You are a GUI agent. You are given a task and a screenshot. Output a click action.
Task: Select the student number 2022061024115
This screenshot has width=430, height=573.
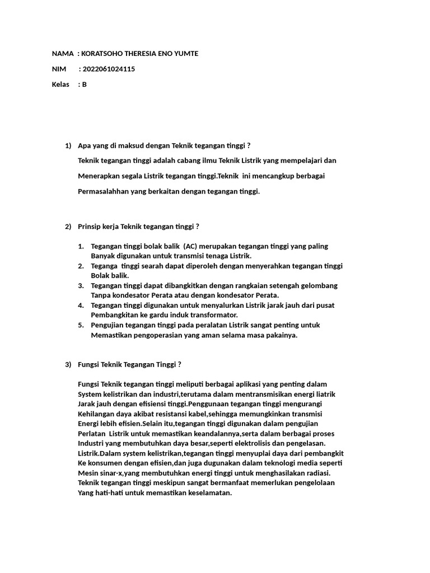(108, 69)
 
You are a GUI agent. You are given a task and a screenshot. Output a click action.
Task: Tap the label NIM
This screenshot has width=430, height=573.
(59, 69)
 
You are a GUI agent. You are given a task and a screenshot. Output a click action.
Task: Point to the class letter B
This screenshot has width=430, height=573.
(85, 85)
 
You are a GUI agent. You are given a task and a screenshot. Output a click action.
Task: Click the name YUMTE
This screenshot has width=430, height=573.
(186, 54)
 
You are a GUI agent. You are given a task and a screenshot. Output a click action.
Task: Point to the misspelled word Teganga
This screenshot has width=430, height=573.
(105, 266)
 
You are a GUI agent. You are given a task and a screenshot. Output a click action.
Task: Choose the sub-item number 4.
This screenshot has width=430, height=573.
(81, 305)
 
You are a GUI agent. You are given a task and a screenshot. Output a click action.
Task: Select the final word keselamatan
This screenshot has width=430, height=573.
(209, 493)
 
